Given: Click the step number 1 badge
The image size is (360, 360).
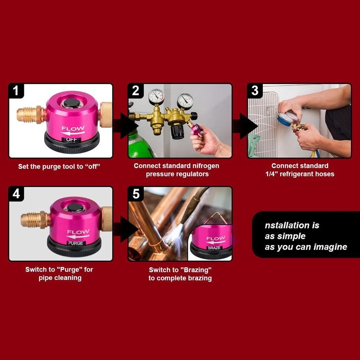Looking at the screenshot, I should [x=17, y=91].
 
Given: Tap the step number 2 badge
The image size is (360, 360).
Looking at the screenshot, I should [x=136, y=91].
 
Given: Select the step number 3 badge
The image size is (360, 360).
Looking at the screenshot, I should [x=255, y=91].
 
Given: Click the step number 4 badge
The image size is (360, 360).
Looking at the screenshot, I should [x=17, y=194].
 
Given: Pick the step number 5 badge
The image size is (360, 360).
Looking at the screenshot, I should [x=136, y=194].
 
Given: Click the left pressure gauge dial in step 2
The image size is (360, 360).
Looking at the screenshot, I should [x=156, y=96].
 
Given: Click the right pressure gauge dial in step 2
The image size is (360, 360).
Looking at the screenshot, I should [x=184, y=100].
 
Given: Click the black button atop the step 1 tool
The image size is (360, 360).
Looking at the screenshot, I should [x=70, y=103].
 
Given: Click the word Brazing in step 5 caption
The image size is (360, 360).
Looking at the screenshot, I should [x=196, y=270].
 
